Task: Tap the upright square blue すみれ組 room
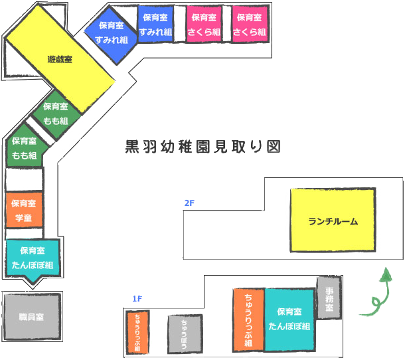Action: [156, 25]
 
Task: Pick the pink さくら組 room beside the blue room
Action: [202, 25]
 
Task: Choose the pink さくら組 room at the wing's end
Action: [250, 25]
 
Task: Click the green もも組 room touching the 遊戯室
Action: [57, 114]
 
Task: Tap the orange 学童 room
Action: [24, 210]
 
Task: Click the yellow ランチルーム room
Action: [333, 221]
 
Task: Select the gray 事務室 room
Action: [329, 298]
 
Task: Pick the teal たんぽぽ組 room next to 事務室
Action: [289, 319]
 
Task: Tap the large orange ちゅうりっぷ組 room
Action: [248, 319]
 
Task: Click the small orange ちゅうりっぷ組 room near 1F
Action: [137, 333]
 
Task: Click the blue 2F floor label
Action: [189, 203]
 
